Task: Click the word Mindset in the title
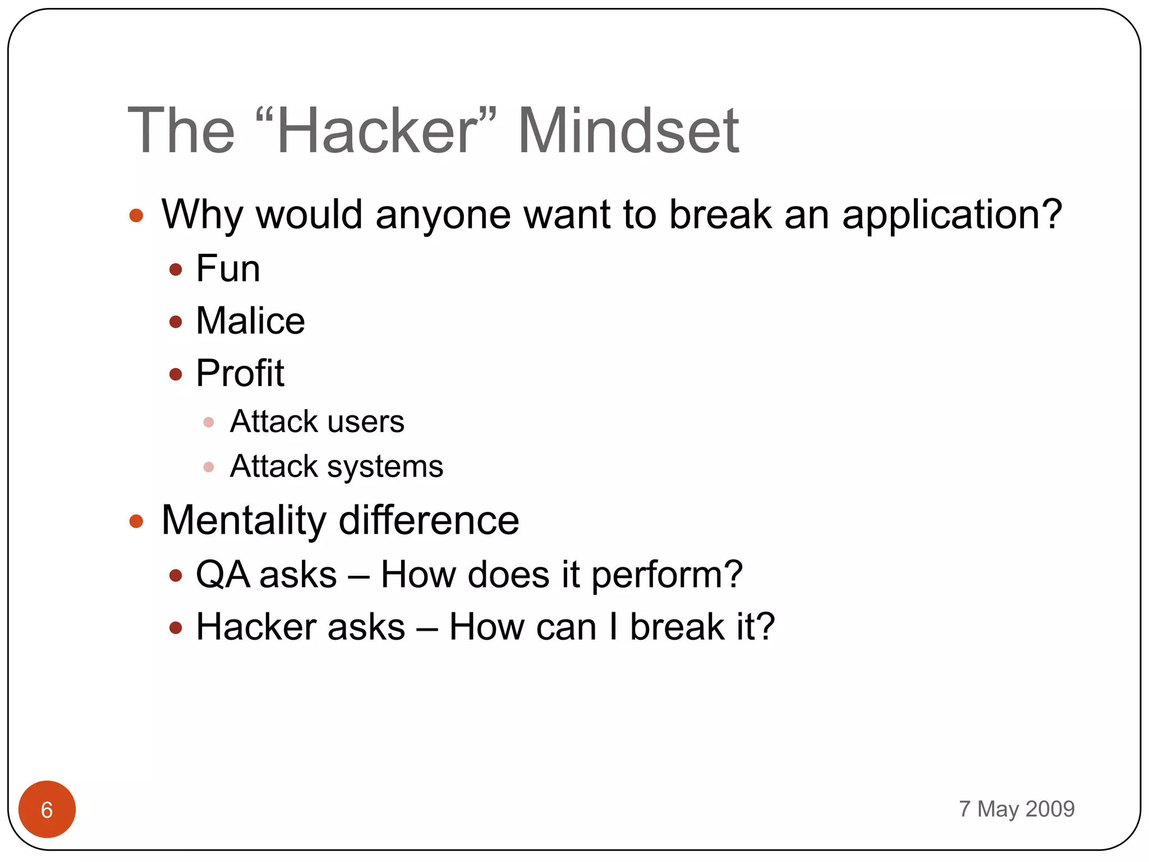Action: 628,131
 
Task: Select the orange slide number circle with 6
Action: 47,809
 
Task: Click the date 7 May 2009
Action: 1016,809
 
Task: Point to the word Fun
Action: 228,269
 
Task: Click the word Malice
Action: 250,321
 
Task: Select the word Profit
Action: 240,373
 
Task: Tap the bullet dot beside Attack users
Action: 209,422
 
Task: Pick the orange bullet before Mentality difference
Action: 136,521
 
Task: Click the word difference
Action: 429,520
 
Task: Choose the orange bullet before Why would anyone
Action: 136,215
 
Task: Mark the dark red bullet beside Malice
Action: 176,322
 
